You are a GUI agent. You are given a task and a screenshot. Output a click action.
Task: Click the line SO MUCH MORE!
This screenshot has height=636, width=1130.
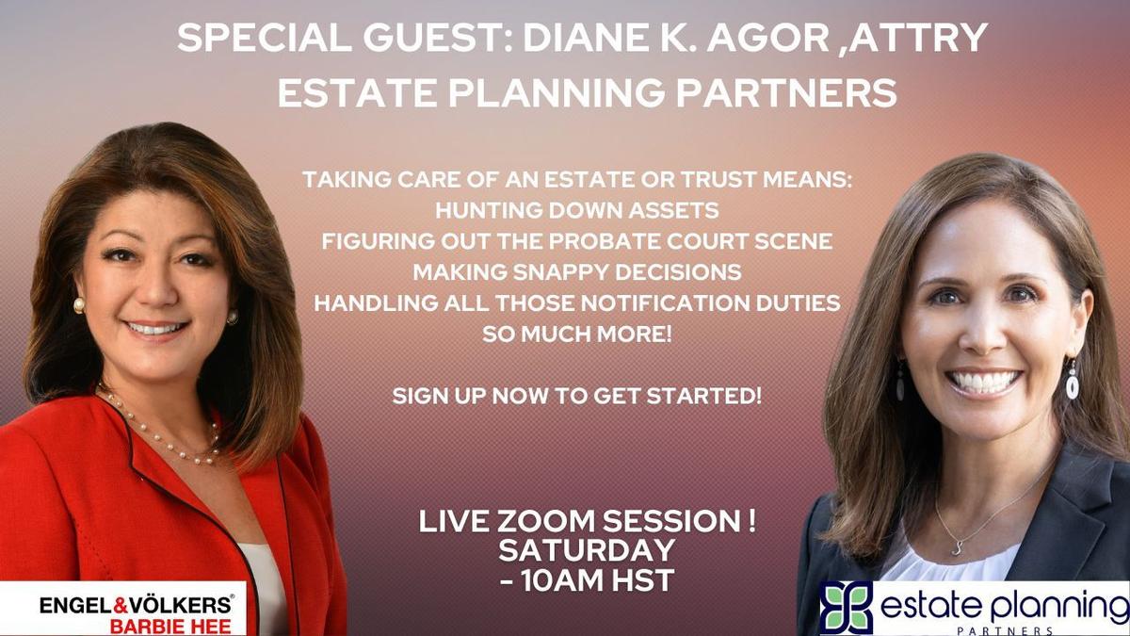click(576, 334)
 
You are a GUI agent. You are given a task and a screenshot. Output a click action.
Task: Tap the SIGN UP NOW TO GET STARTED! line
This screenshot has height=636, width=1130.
click(576, 396)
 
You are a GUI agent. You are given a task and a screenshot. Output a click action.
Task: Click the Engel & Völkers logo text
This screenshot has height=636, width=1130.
click(135, 604)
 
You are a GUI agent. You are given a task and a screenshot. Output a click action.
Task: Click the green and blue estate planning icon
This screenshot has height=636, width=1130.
click(845, 608)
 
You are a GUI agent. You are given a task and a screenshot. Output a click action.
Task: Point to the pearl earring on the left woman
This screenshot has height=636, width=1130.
click(79, 305)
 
